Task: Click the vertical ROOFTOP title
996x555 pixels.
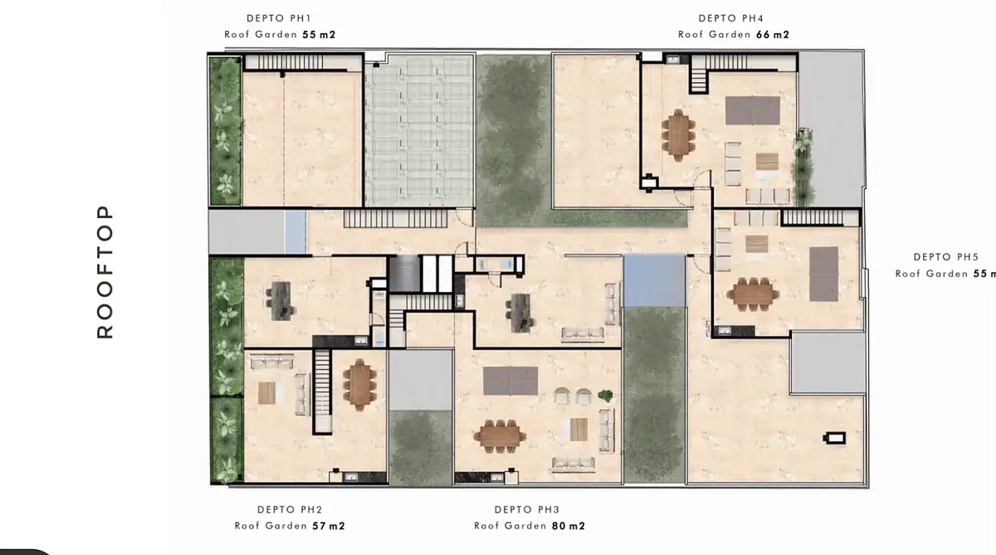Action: tap(105, 272)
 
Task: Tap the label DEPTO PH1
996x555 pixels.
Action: tap(279, 18)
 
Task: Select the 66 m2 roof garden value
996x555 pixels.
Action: tap(773, 34)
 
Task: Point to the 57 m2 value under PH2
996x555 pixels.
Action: tap(329, 526)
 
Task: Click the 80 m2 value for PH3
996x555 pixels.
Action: tap(569, 526)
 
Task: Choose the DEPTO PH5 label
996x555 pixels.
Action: tap(946, 257)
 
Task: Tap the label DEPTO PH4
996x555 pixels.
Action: tap(731, 18)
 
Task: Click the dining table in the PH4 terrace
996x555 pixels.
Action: tap(678, 134)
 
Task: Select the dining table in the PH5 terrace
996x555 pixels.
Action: tap(753, 295)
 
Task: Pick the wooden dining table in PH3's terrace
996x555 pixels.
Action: tap(500, 436)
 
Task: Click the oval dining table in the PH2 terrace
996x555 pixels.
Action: tap(359, 385)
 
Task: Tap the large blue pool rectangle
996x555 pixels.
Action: tap(654, 281)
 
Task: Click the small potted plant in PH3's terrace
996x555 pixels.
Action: tap(605, 395)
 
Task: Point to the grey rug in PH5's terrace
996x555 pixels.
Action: tap(823, 274)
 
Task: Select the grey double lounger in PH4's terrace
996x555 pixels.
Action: tap(752, 110)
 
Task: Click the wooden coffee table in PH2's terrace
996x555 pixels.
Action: tap(266, 392)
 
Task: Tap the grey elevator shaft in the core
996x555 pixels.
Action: tap(404, 274)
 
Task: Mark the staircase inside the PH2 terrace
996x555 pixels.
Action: tap(322, 390)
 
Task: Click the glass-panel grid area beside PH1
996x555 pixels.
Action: tap(419, 130)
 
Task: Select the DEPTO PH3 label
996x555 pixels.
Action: tap(527, 509)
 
